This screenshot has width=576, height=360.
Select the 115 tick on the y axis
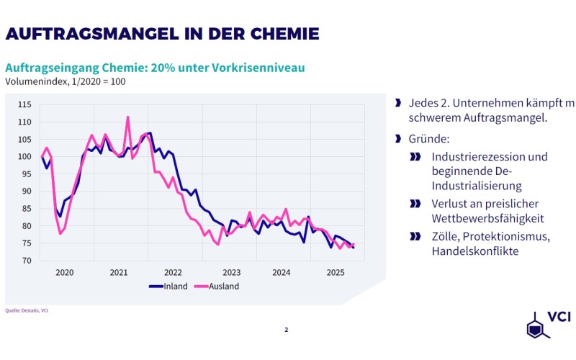coord(24,105)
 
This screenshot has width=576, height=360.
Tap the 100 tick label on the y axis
coord(24,157)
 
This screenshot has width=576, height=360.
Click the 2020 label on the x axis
coord(65,273)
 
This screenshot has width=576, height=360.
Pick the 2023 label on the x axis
coord(232,273)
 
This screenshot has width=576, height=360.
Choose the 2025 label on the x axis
coord(335,273)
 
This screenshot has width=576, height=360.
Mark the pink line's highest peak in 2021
coord(127,117)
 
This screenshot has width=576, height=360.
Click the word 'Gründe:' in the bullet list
coord(428,138)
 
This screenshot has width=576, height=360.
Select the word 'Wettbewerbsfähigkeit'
coord(487,218)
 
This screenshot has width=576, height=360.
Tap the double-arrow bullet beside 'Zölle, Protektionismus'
coord(415,235)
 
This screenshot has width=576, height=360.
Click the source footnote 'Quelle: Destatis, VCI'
coord(27,311)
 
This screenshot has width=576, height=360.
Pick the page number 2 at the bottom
coord(286,330)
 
